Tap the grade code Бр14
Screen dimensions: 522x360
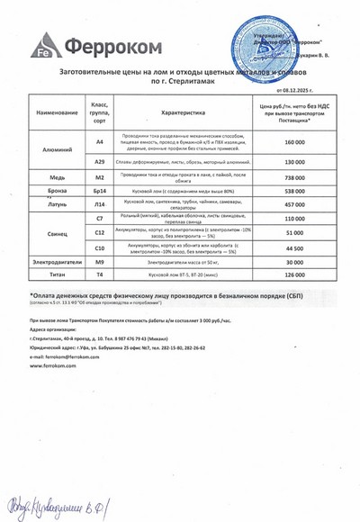(x=100, y=192)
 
